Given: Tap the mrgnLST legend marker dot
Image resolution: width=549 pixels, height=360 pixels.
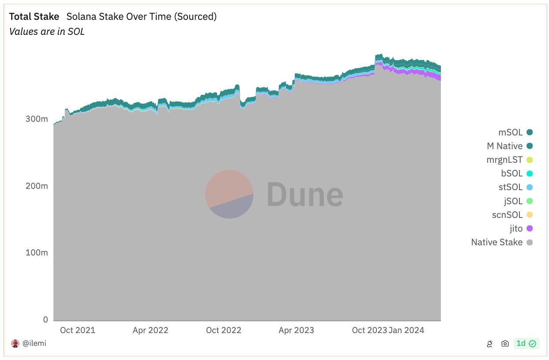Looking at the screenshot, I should click(530, 160).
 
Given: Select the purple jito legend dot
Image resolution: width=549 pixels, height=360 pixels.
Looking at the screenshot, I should click(530, 229).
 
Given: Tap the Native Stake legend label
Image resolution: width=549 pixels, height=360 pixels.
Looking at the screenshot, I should click(496, 242).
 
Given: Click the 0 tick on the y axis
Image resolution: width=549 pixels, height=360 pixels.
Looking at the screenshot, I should click(45, 320).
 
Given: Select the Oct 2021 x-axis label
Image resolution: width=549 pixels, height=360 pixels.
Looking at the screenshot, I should click(78, 330).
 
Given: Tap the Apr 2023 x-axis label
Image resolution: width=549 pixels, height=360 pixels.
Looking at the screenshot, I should click(296, 330).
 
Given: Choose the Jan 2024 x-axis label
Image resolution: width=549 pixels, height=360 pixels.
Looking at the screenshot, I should click(407, 330).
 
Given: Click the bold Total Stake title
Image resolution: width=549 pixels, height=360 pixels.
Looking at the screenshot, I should click(34, 17).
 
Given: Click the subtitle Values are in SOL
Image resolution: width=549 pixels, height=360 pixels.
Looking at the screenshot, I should click(47, 31).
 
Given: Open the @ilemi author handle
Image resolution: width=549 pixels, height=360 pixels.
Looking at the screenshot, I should click(34, 343).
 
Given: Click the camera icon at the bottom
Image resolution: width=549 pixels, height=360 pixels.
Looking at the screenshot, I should click(505, 344).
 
